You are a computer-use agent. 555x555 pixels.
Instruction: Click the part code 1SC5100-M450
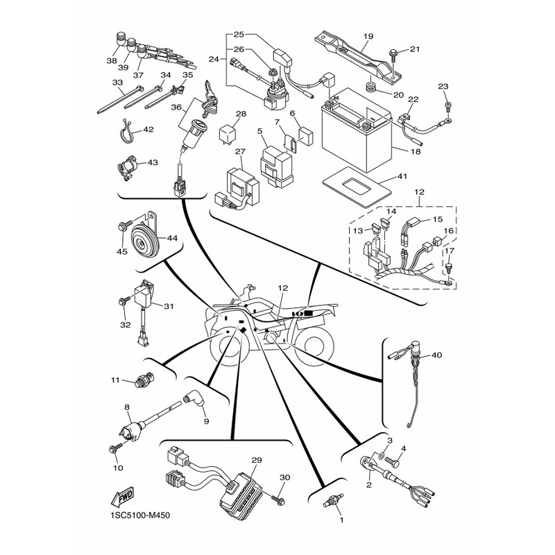[x=139, y=515]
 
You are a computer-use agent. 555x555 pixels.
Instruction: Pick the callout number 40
[x=436, y=355]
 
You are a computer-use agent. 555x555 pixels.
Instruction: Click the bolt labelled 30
[x=279, y=497]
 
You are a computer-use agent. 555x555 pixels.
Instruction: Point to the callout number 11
[x=116, y=380]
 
